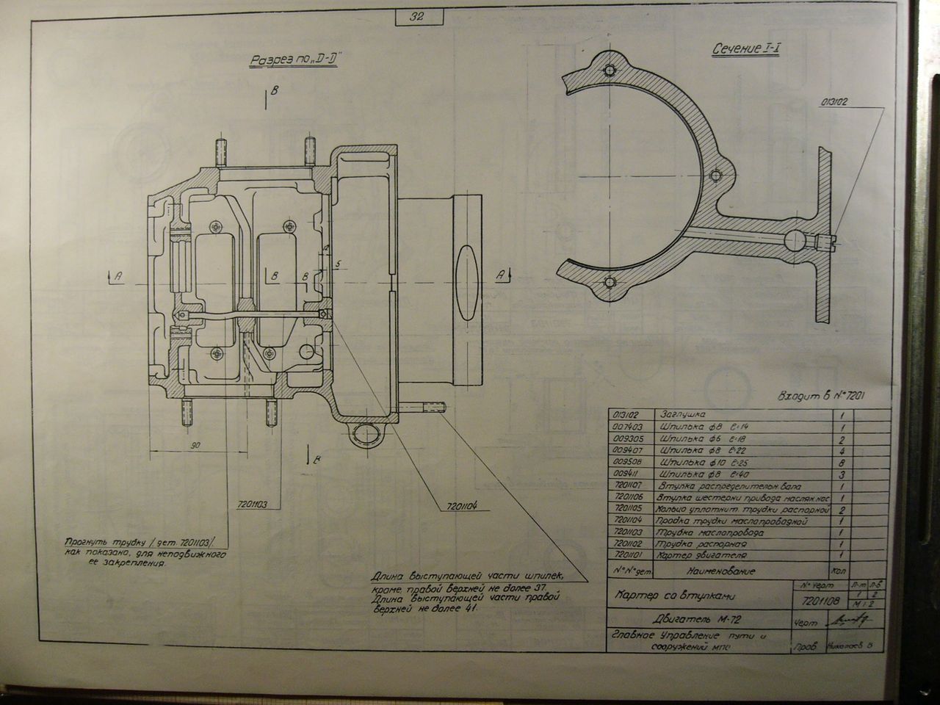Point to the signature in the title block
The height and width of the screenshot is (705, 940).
[x=850, y=621]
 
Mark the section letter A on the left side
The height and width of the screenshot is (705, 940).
[x=117, y=276]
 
